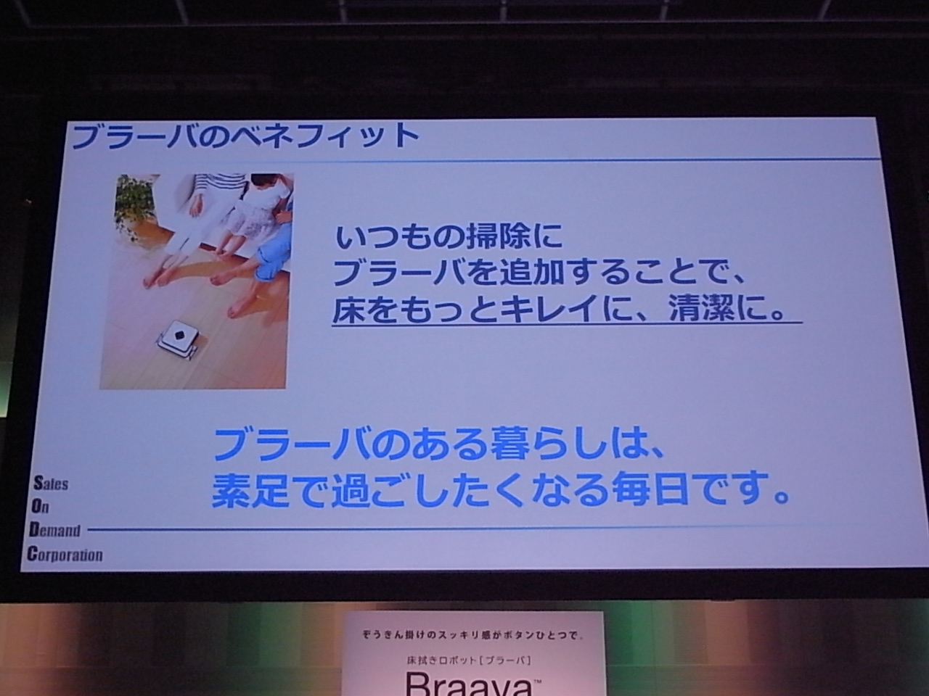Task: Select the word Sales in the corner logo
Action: coord(50,483)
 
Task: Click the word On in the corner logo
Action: coord(40,506)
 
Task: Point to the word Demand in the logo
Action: coord(54,530)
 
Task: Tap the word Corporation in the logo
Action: coord(65,554)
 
